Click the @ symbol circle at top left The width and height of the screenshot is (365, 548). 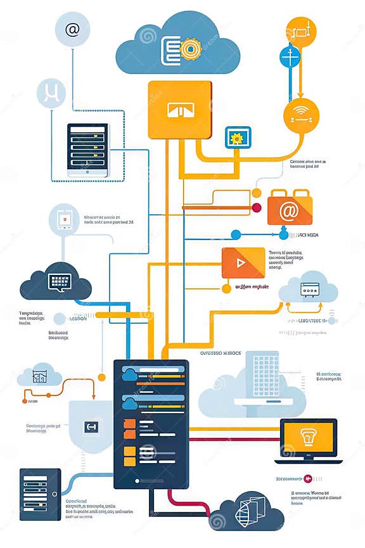coord(72,29)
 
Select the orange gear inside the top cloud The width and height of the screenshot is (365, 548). coord(189,49)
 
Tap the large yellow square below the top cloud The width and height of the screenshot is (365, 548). coord(179,110)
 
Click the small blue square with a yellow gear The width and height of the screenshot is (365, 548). coord(238,137)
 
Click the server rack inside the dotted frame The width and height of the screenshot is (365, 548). coord(88,150)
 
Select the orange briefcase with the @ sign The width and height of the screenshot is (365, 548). coord(290,208)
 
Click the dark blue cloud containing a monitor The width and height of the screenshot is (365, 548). coord(56,282)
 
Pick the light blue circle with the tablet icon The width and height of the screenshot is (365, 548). coord(64,220)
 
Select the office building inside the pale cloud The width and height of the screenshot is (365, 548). coord(265,379)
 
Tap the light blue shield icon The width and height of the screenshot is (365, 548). coord(90,427)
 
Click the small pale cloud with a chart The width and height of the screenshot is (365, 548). coord(40,376)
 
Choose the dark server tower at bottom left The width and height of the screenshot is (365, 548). coord(40,494)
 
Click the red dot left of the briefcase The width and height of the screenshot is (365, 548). coord(257,207)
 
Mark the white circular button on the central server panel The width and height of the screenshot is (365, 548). coord(148,451)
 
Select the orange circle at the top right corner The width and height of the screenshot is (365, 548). coord(300,30)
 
